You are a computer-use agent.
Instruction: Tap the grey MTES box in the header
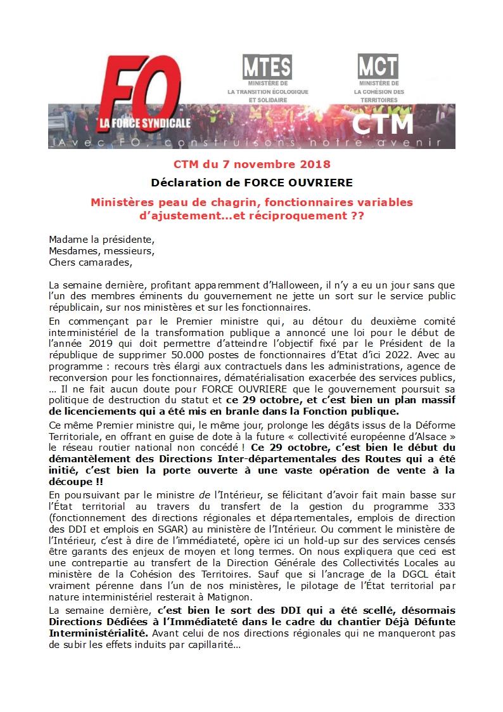pos(267,66)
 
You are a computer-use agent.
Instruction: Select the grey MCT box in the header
pos(378,66)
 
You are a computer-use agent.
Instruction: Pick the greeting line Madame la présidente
pos(101,240)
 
